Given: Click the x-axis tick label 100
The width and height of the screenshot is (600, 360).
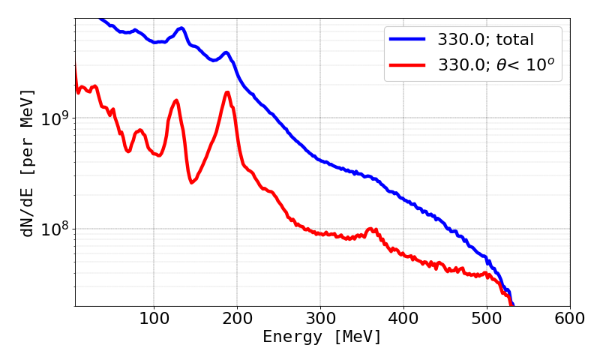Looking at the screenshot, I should pos(154,318).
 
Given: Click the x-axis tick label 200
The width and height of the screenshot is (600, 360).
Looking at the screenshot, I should pos(237,318).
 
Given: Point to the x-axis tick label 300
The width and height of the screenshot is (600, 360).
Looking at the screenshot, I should pos(320,318).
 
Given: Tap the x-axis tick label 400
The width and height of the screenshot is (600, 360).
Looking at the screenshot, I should pos(403,318).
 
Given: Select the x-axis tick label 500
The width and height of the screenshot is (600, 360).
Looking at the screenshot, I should pos(487,318).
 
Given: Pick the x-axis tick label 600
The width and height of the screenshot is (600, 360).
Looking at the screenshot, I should pos(570,318).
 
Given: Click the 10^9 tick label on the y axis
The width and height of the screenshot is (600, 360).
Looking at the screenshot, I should pos(53,118).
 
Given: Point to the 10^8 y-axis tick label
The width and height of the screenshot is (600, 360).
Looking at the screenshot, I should pos(53,228).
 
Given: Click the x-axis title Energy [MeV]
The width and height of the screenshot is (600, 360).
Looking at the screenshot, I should pos(322,337).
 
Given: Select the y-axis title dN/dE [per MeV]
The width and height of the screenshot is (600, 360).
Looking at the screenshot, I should pos(28,163).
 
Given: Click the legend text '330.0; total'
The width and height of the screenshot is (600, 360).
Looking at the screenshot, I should pos(486,37).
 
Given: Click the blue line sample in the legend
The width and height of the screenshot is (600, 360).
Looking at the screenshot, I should pos(407,37).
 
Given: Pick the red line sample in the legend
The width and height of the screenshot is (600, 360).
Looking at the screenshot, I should pos(407,66).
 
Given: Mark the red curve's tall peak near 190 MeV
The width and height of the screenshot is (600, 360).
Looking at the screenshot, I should pos(227,92).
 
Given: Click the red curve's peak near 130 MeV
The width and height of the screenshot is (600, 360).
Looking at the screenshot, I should pos(176,100).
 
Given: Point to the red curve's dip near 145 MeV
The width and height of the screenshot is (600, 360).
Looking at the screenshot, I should pos(192,182).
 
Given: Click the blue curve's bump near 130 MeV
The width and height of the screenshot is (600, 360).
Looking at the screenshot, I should pos(181,28).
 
